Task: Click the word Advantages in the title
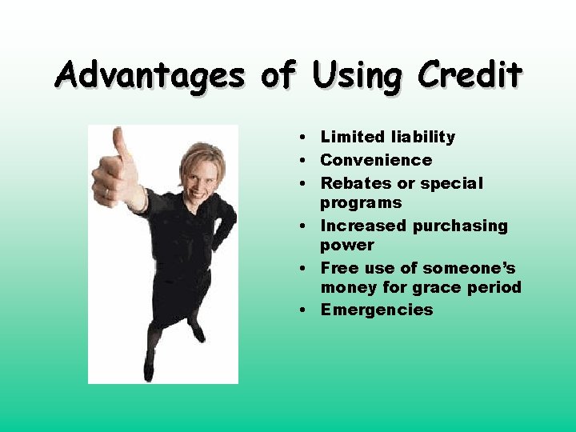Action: (150, 77)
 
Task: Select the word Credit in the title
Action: (470, 75)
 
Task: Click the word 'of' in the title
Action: (278, 75)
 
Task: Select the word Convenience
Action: (376, 160)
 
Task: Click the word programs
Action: (361, 203)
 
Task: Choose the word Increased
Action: (363, 226)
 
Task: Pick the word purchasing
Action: (460, 226)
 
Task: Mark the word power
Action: (347, 246)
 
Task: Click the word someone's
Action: (470, 268)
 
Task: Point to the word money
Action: (348, 287)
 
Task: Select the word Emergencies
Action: (377, 310)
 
